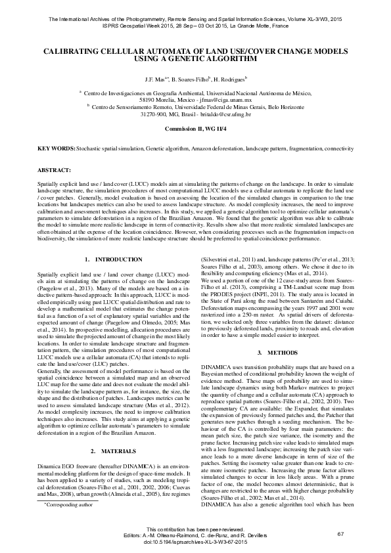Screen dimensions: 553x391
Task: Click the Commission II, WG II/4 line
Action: [x=195, y=129]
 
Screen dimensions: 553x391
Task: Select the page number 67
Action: [x=340, y=533]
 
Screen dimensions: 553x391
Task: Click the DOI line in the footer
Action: [x=195, y=542]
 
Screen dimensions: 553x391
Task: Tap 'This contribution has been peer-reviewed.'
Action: [x=195, y=529]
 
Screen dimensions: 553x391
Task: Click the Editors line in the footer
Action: [x=195, y=536]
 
